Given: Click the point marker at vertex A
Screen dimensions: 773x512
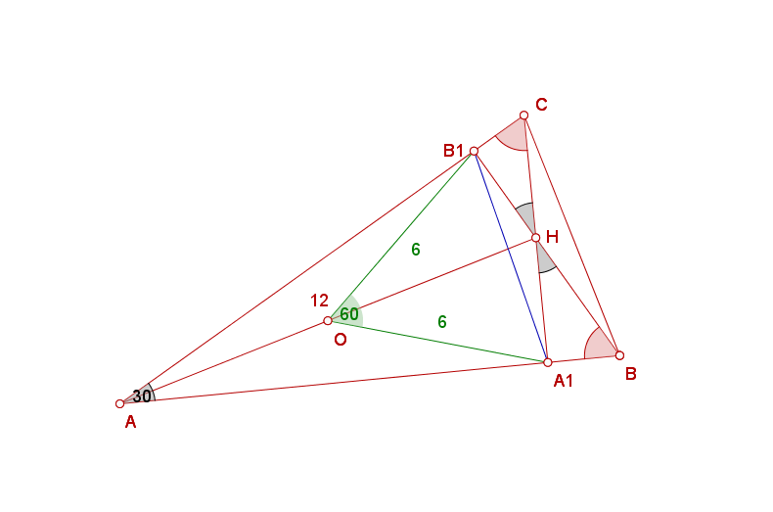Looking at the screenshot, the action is click(119, 404).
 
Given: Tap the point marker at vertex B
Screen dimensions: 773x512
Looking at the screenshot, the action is click(619, 355).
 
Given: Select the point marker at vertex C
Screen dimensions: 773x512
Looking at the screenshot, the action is click(523, 116).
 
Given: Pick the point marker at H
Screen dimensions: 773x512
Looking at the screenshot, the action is click(536, 238).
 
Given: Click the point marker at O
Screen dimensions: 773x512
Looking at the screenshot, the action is click(328, 321).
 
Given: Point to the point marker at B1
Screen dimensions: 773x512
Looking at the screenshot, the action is click(474, 151).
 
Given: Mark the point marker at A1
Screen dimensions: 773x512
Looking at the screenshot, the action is click(548, 362).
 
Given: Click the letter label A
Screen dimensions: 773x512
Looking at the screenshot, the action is click(130, 422).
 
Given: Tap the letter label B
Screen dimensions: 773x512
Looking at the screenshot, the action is click(630, 374).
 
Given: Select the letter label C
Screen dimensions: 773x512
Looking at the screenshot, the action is click(541, 105).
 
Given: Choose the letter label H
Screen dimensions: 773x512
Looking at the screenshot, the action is click(552, 237).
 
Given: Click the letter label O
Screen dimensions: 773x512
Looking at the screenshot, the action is click(341, 340).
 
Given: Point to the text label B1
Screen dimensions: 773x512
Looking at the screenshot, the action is click(453, 151).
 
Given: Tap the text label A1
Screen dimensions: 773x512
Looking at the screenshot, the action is click(563, 380).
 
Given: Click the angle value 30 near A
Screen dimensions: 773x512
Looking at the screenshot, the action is click(142, 396).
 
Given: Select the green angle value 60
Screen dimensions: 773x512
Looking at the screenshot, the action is click(349, 313).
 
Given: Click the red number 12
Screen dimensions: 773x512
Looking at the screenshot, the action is click(319, 301).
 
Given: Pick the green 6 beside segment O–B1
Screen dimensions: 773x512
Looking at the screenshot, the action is click(416, 250).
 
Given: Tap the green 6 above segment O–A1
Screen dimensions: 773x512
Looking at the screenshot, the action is click(442, 322).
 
